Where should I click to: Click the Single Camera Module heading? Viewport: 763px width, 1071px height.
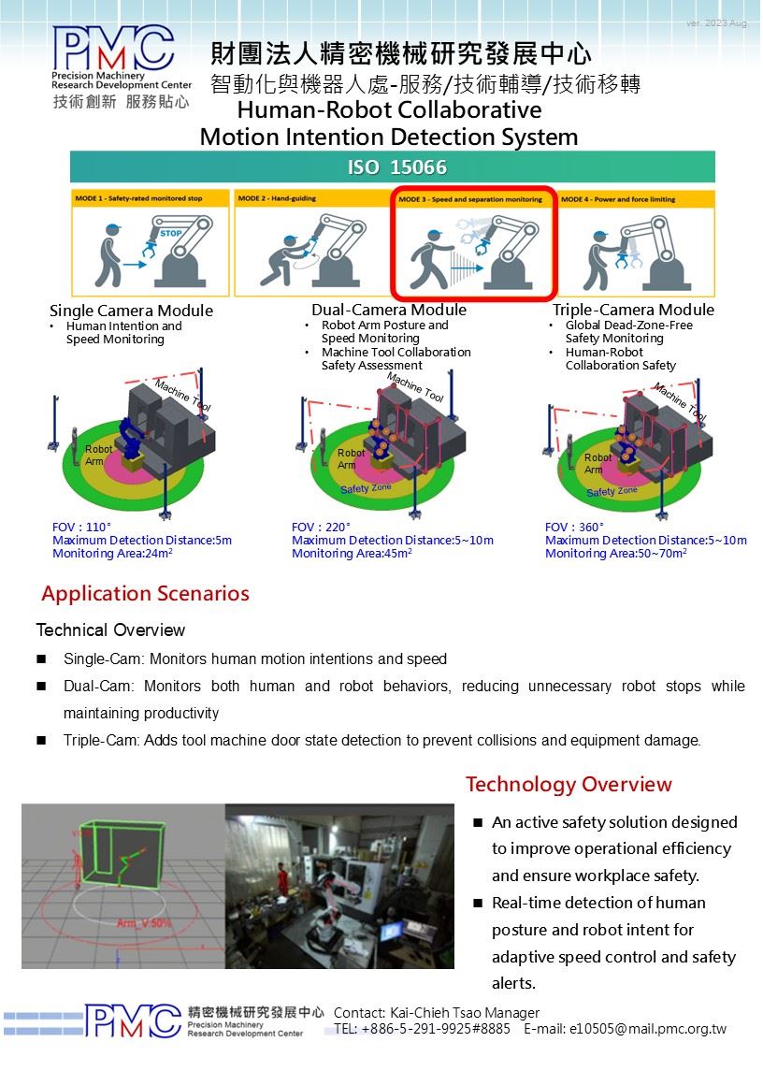(x=131, y=311)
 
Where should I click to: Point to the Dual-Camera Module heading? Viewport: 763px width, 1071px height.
(x=389, y=310)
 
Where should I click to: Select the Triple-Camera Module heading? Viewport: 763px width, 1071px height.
(x=633, y=310)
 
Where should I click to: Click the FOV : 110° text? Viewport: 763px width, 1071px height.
(x=82, y=528)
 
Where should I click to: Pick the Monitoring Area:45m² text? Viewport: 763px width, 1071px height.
(x=352, y=554)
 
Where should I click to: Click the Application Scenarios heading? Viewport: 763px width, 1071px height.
(x=145, y=594)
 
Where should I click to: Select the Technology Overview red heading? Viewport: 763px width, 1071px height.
(x=569, y=784)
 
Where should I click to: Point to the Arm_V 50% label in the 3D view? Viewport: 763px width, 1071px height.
(x=145, y=923)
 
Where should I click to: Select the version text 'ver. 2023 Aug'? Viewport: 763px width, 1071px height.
(x=716, y=22)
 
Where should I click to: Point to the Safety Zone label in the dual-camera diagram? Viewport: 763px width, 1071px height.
(x=366, y=488)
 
